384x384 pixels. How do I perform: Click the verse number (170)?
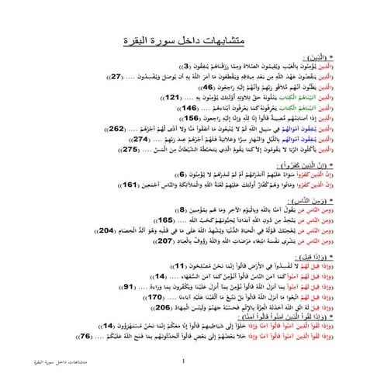[x=155, y=298]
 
